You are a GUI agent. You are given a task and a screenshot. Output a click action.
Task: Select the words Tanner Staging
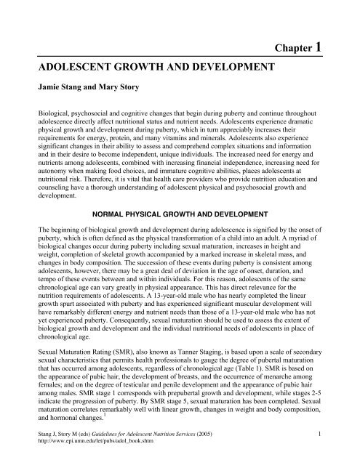(x=175, y=349)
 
